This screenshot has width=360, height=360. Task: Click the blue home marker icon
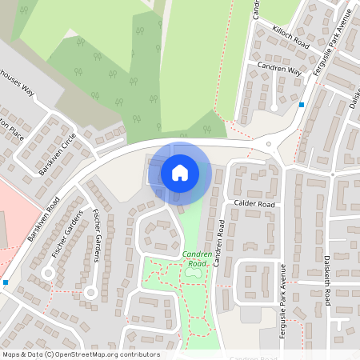(180, 172)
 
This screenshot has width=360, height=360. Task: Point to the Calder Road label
(254, 204)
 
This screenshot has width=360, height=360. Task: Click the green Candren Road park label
(194, 258)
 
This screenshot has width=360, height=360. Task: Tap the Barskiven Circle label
(57, 154)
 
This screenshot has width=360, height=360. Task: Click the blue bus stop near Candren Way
(302, 105)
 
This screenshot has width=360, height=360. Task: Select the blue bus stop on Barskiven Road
(6, 282)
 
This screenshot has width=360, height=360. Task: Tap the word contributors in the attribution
(139, 354)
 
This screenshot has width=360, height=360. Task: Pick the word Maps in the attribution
(12, 354)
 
